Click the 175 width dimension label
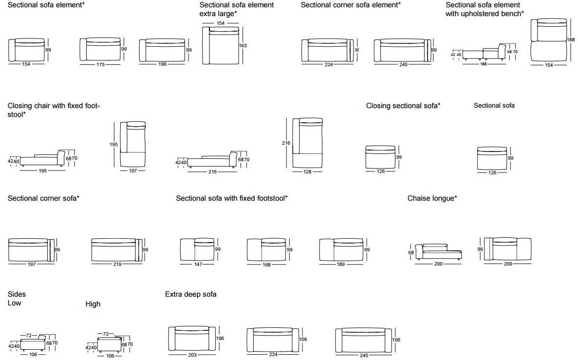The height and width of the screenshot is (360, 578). tap(100, 64)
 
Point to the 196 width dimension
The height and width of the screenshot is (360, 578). tap(162, 64)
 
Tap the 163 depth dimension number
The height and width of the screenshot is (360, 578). tap(242, 46)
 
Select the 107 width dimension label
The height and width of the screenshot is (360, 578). tap(133, 171)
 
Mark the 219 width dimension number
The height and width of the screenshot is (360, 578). tap(117, 264)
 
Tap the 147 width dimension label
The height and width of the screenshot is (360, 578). tap(198, 264)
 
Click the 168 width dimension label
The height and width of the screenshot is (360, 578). tap(266, 264)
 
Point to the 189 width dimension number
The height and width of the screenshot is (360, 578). tap(341, 264)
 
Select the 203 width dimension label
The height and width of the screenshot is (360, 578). tap(192, 355)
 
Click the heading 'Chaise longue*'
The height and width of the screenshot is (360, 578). tap(432, 198)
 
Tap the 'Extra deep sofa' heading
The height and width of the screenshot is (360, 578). tap(191, 294)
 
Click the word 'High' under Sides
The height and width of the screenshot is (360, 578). tap(93, 304)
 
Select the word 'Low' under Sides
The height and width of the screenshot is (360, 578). tap(15, 303)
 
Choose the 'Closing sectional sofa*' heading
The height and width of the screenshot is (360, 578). tap(403, 106)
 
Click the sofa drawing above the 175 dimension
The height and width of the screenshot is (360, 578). tap(100, 49)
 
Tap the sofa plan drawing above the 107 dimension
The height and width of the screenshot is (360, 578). tap(133, 144)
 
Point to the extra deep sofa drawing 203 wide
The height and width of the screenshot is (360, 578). tap(191, 339)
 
